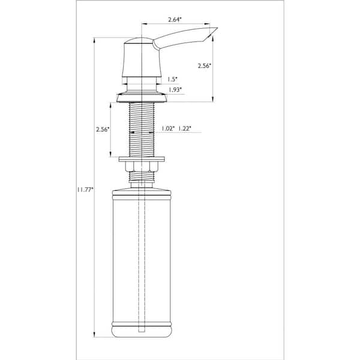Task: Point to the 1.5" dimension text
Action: (173, 79)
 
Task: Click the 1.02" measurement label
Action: (168, 128)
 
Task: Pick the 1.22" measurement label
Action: (185, 128)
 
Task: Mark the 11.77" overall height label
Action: (85, 190)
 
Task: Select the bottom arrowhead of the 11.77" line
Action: (95, 338)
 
